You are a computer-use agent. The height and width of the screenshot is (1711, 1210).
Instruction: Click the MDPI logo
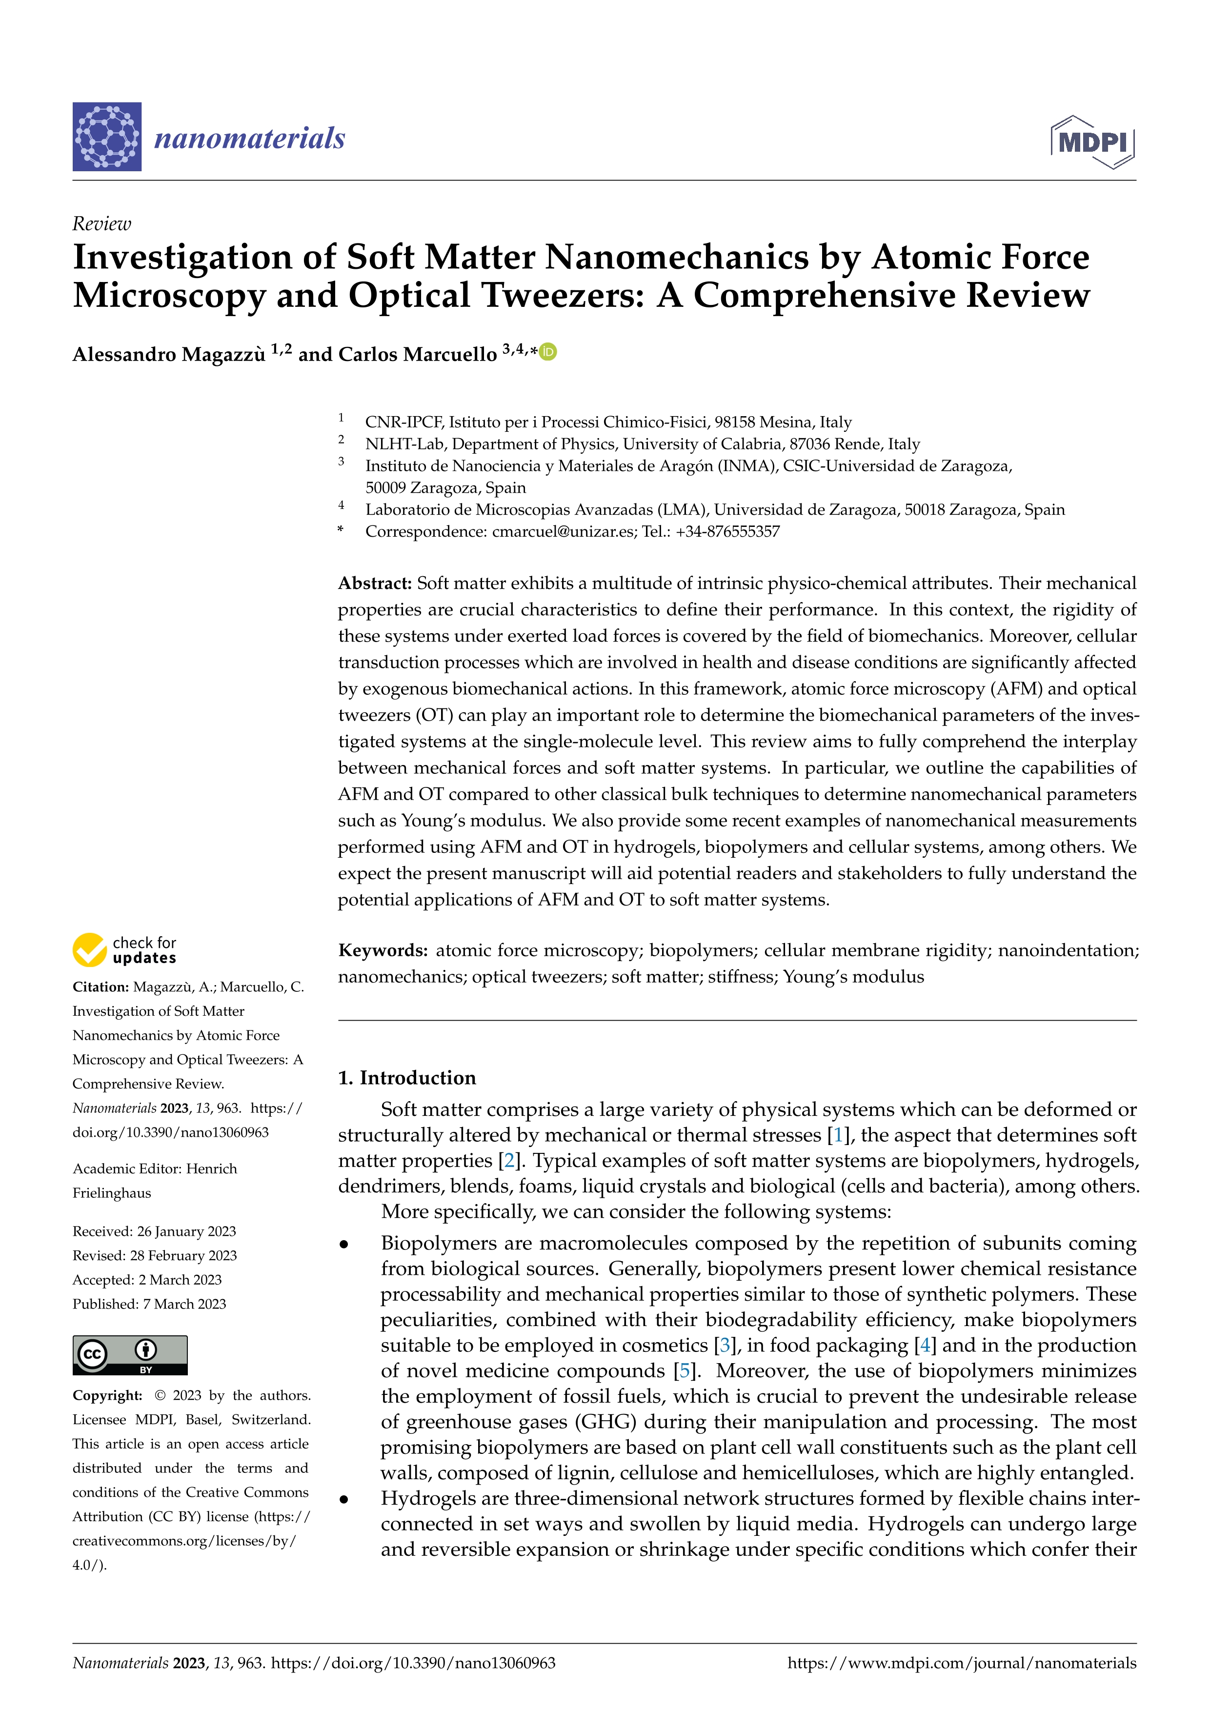coord(1092,141)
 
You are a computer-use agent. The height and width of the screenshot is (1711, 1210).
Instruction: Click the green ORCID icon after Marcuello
coord(548,352)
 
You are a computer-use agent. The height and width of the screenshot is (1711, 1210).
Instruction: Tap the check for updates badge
coord(124,950)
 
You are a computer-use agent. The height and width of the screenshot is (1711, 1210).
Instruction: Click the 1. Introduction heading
coord(407,1078)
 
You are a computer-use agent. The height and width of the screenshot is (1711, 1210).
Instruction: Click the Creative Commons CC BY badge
coord(130,1355)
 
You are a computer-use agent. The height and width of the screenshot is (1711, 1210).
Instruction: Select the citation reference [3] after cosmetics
coord(724,1345)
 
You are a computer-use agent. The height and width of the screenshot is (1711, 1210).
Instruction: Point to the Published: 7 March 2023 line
coord(149,1303)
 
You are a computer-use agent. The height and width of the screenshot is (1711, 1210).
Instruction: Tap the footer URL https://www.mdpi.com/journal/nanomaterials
coord(961,1663)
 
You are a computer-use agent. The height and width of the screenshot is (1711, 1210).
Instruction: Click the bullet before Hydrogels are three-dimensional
coord(344,1499)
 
